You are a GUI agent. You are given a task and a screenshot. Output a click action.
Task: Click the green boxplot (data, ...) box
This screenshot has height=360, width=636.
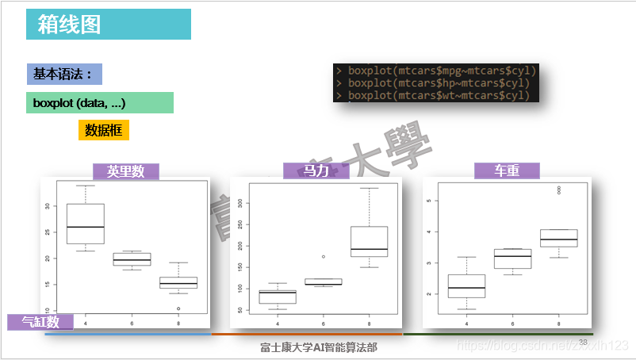coord(99,103)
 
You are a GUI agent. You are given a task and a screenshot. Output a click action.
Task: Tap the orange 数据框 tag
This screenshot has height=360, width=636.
coord(103,131)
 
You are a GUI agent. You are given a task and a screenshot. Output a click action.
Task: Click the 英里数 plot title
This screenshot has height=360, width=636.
coord(126,171)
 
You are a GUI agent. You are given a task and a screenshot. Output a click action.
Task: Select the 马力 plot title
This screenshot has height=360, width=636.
coord(316,171)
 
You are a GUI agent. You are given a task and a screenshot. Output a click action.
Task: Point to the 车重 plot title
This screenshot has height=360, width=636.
coord(507,171)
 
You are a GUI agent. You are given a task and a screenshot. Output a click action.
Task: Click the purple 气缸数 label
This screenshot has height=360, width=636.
coord(40,322)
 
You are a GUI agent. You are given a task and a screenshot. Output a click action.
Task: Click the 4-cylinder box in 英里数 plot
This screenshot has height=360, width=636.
coord(85,224)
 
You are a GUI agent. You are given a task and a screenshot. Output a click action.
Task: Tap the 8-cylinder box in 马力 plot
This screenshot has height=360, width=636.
coord(369,242)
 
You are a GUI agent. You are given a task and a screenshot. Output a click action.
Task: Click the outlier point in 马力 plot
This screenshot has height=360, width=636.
coord(323,257)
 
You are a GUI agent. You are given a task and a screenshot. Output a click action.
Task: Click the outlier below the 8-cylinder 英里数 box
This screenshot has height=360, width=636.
coord(178,308)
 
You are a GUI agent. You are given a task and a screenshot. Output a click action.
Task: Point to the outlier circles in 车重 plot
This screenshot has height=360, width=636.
coord(559,190)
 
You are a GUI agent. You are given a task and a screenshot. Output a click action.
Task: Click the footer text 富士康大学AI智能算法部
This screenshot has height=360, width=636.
coord(319,347)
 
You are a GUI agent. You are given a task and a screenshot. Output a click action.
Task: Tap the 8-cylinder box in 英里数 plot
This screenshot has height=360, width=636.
coord(178,282)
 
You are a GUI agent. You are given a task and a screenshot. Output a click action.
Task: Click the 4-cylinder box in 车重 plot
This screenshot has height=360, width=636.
coord(466,286)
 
